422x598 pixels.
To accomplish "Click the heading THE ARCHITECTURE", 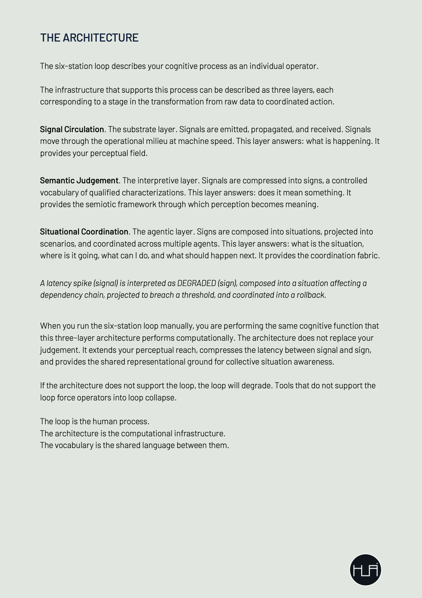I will coord(89,38).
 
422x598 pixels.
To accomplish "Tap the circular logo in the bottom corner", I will coord(365,570).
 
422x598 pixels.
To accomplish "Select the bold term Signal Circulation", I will coord(72,129).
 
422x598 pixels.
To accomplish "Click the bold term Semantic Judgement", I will coord(79,181).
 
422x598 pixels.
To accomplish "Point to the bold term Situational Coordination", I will coord(84,232).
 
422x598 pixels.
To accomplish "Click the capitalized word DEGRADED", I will coord(196,283).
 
